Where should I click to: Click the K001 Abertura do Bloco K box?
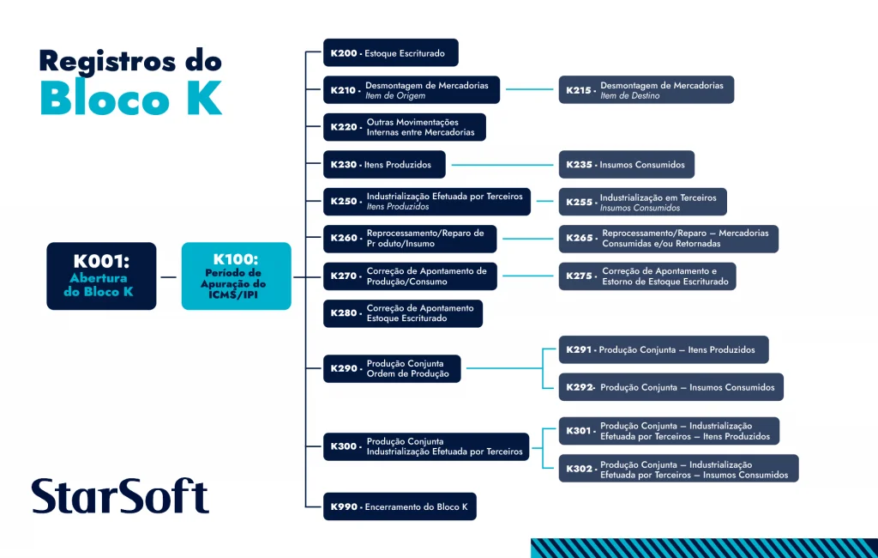click(101, 276)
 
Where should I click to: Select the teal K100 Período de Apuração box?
click(236, 276)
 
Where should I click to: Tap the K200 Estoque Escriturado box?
click(390, 52)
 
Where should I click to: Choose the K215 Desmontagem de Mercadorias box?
click(646, 90)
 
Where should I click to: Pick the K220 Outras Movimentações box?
click(404, 127)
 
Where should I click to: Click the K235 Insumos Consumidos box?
click(626, 164)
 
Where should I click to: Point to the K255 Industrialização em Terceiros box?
click(642, 202)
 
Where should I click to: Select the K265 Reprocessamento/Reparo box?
click(668, 239)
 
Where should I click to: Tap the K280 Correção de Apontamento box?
click(402, 313)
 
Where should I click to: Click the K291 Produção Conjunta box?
click(663, 349)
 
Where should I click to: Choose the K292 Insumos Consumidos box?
click(671, 387)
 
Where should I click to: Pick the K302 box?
click(678, 469)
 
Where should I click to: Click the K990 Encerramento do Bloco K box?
click(400, 506)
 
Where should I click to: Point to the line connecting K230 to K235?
click(504, 164)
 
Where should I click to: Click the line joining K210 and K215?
click(529, 89)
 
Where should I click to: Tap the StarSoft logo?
click(120, 497)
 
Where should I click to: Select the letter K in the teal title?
click(204, 98)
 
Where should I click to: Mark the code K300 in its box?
click(344, 446)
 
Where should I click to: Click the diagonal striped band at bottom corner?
click(703, 548)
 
